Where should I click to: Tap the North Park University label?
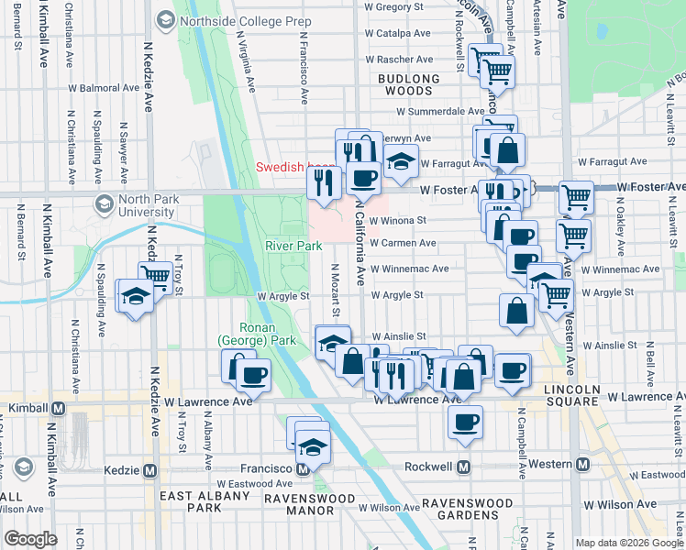click(133, 205)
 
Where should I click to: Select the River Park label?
click(293, 246)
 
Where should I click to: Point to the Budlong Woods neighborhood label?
click(404, 85)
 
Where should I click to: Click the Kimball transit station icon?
click(58, 407)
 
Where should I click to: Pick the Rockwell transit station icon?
click(464, 467)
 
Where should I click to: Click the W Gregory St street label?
click(398, 6)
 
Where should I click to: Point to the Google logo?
click(30, 539)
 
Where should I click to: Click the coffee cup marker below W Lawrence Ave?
click(466, 423)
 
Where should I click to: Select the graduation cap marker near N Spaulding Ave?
click(135, 296)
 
